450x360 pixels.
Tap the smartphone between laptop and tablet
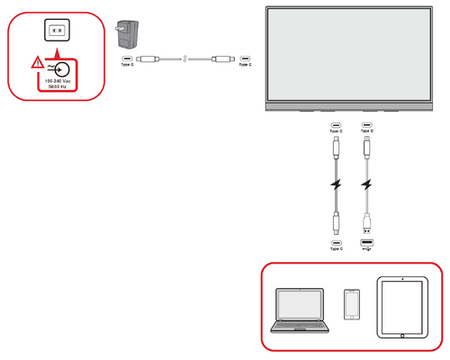(352, 304)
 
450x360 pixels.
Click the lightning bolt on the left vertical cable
(336, 186)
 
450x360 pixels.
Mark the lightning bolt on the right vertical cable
(366, 186)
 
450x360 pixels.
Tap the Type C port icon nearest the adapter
(127, 60)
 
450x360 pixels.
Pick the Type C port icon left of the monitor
(245, 60)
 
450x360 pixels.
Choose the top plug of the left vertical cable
(336, 147)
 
